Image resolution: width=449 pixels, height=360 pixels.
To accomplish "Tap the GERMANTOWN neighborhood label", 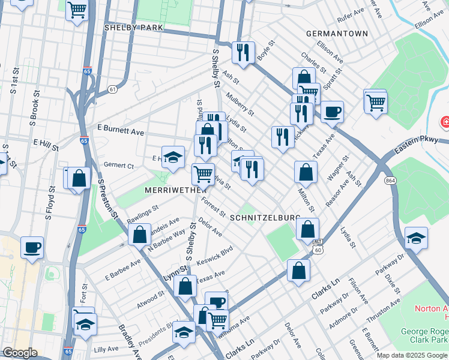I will click(337, 34).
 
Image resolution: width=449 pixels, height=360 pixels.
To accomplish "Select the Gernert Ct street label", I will click(118, 165).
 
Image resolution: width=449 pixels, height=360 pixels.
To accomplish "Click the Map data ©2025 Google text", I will click(412, 355).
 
